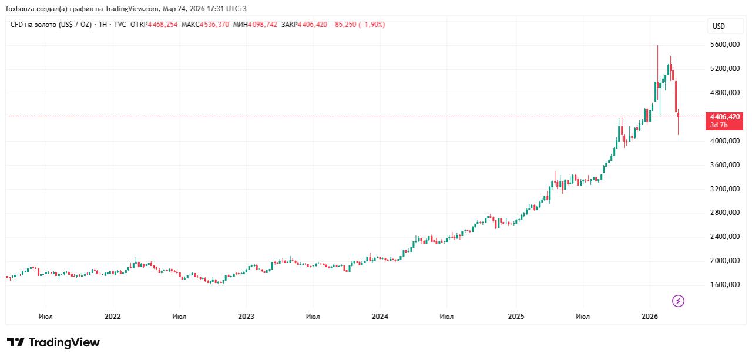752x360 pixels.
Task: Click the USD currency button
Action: [x=719, y=26]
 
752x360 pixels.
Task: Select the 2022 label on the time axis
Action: [x=112, y=317]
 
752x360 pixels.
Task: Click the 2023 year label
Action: [x=246, y=317]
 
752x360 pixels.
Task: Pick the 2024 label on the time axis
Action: [x=380, y=317]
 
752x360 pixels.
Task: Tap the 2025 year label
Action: [x=516, y=317]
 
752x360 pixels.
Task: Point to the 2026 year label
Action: [x=649, y=317]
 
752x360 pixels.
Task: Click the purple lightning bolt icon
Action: [x=678, y=301]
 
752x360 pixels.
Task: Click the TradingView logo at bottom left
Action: [x=53, y=342]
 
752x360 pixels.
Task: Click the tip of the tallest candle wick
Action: [x=657, y=45]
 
